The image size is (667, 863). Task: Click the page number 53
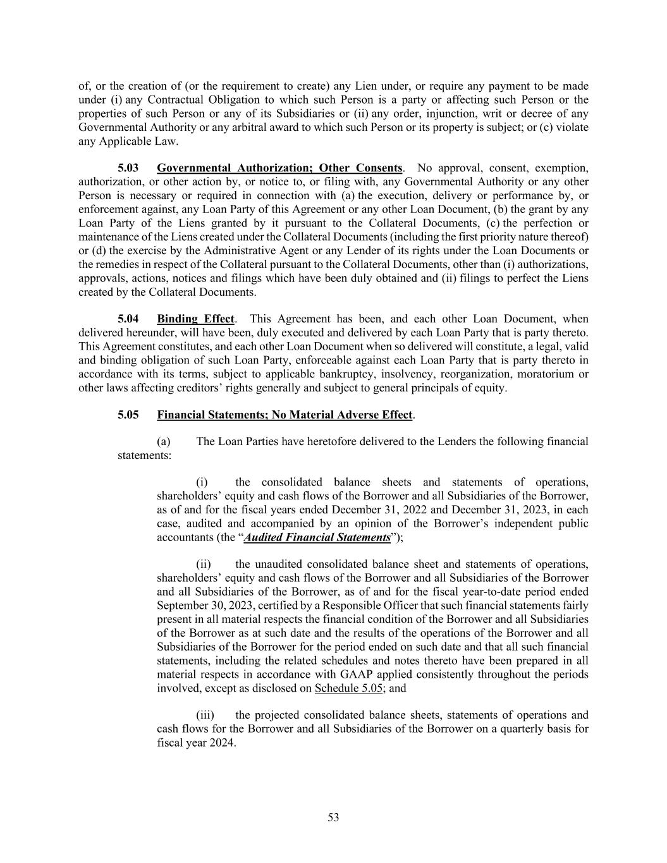pyautogui.click(x=333, y=817)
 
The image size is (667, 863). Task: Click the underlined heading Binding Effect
pyautogui.click(x=195, y=319)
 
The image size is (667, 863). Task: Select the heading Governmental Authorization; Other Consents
pyautogui.click(x=279, y=168)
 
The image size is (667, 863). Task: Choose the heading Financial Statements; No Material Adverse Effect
pyautogui.click(x=285, y=415)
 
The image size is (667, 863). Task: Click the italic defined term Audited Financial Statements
pyautogui.click(x=317, y=537)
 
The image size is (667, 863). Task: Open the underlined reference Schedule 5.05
pyautogui.click(x=348, y=688)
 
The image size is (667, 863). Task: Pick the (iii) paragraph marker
pyautogui.click(x=205, y=715)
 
